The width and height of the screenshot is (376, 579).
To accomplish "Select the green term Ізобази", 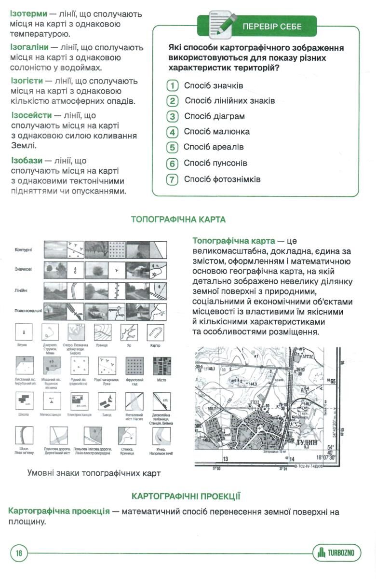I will click(27, 161).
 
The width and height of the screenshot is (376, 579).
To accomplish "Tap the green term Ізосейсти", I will click(31, 116).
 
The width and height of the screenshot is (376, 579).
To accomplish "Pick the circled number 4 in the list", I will click(172, 132).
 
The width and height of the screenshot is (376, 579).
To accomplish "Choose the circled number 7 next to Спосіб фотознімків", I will click(172, 180).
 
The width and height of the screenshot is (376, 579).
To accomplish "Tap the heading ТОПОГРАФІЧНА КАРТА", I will click(178, 220).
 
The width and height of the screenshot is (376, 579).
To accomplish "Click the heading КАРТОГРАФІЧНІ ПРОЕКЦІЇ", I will click(186, 496).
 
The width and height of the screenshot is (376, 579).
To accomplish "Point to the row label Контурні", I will click(24, 249).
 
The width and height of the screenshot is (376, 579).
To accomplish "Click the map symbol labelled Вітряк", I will click(24, 332).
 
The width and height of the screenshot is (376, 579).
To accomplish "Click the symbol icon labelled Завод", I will click(107, 400).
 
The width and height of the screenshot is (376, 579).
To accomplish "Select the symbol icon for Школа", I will click(24, 400).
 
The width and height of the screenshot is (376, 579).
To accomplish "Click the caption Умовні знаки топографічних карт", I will click(94, 473).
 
